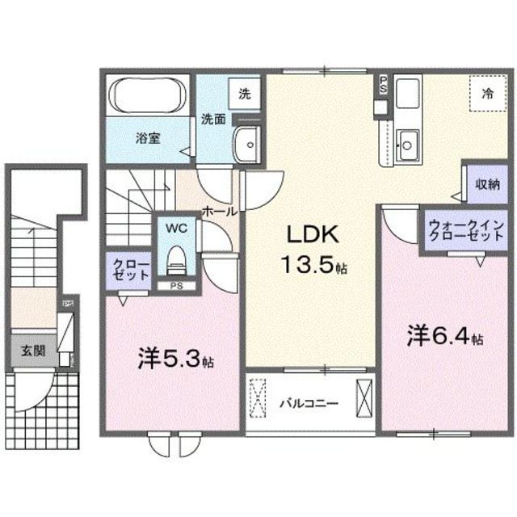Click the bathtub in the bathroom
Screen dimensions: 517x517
click(146, 95)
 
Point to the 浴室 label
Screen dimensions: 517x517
click(147, 137)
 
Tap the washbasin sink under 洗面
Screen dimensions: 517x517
click(246, 146)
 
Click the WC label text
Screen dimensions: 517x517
click(175, 229)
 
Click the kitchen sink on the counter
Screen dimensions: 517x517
click(407, 145)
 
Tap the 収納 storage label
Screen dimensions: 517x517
click(486, 184)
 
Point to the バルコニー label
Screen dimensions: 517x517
click(309, 401)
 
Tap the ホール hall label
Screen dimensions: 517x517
click(219, 211)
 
